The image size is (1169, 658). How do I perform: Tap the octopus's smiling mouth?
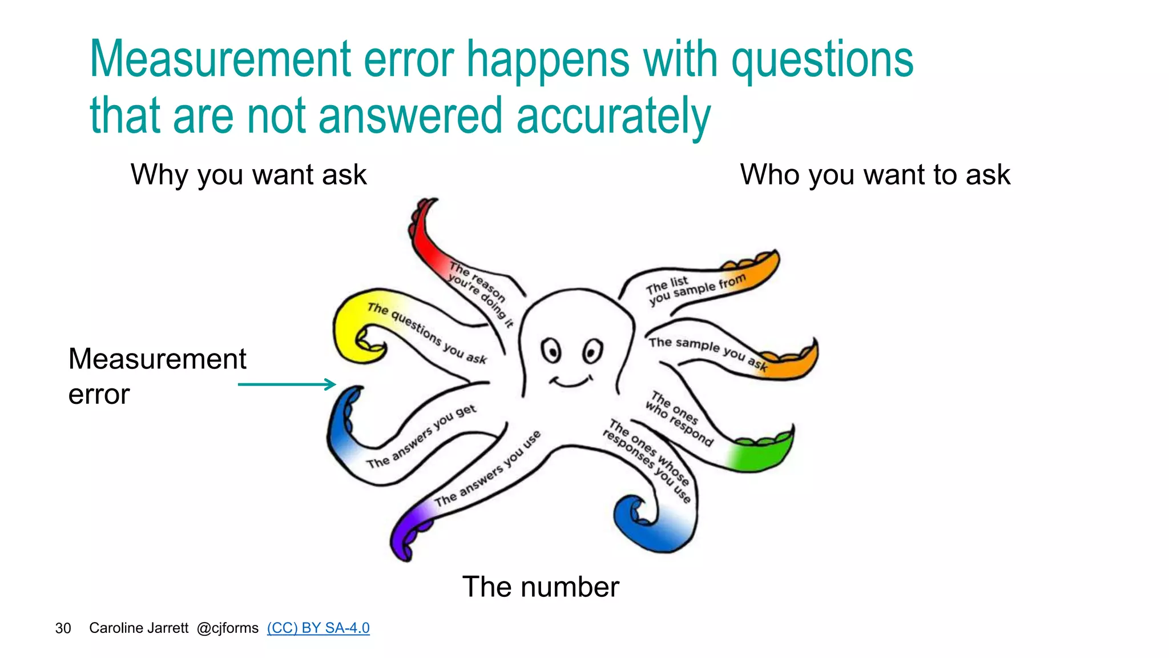(570, 381)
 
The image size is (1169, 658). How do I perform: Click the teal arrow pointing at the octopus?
(287, 384)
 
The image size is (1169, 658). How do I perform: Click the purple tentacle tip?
(406, 534)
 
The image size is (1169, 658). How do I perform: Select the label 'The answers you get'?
(421, 437)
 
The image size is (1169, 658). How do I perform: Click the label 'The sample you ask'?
(708, 351)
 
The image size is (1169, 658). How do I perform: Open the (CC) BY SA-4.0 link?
(318, 628)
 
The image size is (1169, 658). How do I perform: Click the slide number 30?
(63, 628)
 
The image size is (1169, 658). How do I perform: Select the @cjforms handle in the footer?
(227, 628)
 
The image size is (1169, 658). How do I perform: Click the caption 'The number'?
(541, 587)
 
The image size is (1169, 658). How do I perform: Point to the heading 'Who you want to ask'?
(875, 174)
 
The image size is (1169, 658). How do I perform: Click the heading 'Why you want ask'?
(248, 174)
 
